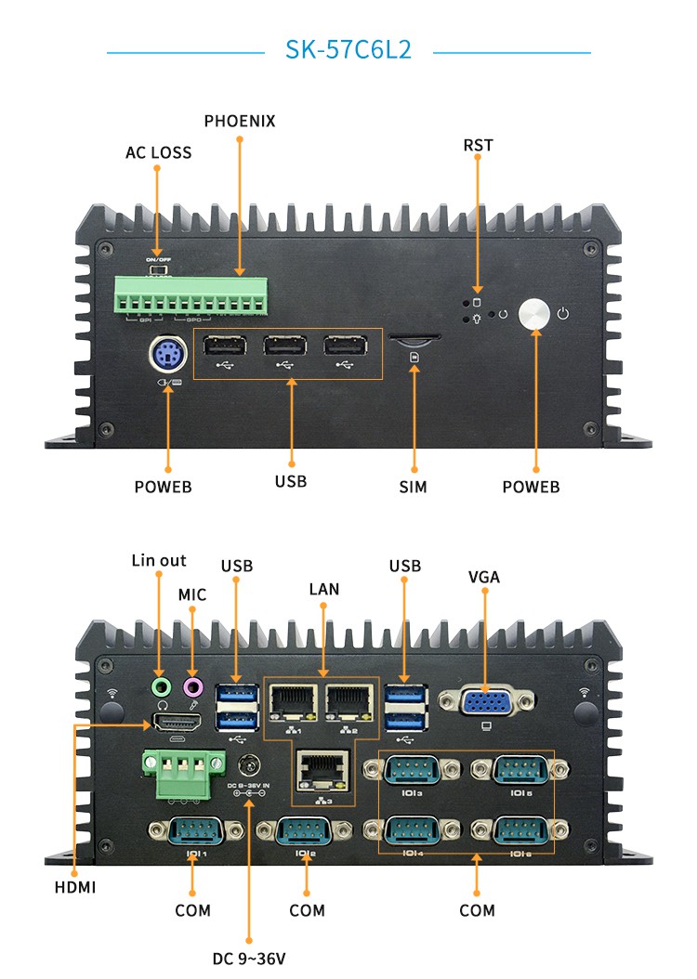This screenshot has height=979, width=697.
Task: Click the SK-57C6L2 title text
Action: coord(348,50)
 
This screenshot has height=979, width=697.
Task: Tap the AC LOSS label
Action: coord(159,152)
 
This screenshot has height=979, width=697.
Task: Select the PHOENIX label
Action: coord(240,122)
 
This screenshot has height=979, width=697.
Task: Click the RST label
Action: coord(478,145)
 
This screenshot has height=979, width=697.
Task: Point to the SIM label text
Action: coord(414,487)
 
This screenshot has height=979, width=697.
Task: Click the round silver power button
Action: coord(535,314)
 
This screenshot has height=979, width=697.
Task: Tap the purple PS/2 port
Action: coord(167,355)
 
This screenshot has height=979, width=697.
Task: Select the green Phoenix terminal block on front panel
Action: coord(191,295)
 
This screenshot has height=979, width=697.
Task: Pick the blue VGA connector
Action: coord(485,700)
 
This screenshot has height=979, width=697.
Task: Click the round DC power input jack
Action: coord(248,767)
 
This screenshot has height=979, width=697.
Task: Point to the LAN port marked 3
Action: coord(322,769)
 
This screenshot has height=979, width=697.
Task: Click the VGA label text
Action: coord(484,577)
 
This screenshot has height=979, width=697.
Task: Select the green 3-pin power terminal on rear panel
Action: coord(182,775)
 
